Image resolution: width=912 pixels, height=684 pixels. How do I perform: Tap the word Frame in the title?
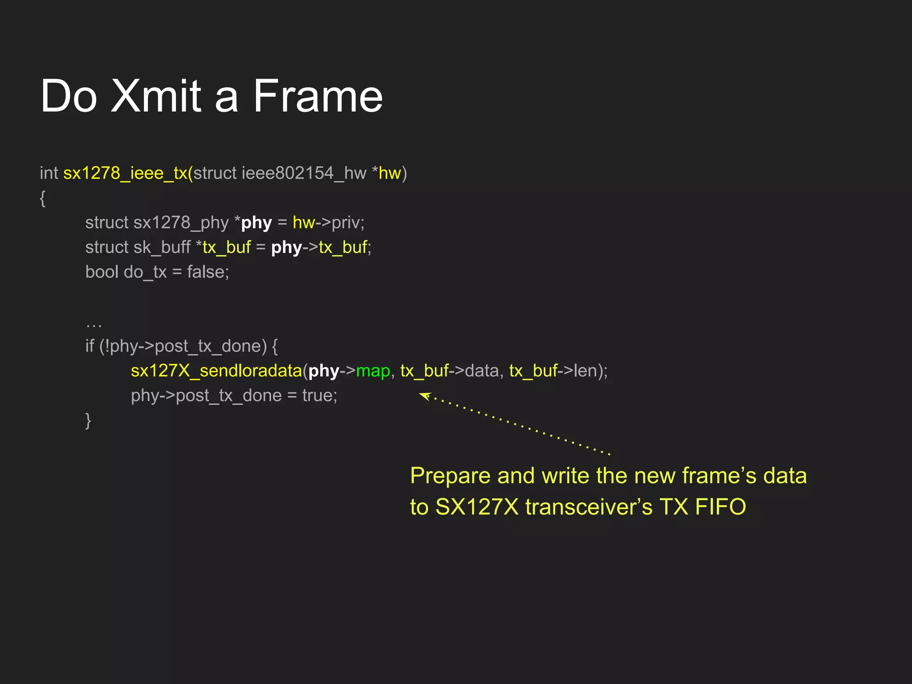coord(318,96)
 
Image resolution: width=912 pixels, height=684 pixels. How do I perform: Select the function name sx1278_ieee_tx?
coord(125,173)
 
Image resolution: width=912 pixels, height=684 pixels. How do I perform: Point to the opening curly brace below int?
coord(43,198)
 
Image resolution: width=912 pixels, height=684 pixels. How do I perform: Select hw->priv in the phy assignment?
coord(328,223)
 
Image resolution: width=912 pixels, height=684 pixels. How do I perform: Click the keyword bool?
coord(102,272)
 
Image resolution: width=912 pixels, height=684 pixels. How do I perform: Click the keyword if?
coord(90,346)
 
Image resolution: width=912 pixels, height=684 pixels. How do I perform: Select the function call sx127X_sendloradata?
coord(216,371)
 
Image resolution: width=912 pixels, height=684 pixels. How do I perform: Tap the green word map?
coord(373,371)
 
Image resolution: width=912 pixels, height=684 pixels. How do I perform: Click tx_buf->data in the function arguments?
coord(449,371)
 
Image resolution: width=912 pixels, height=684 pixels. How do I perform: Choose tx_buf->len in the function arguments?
coord(553,371)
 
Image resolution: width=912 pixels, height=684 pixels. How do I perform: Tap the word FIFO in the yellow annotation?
coord(720,507)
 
